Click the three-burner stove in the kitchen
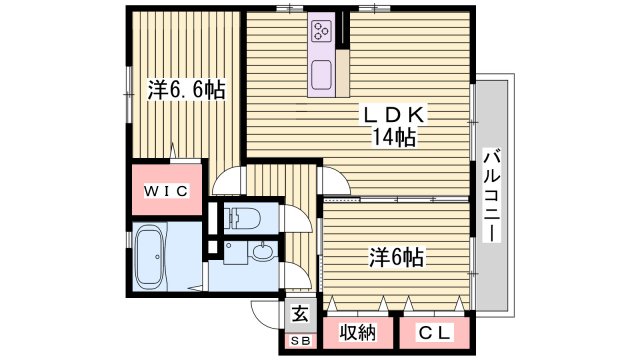click(323, 31)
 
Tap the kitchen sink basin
click(322, 73)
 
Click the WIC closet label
click(167, 189)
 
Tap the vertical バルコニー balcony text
click(491, 195)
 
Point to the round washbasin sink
click(262, 253)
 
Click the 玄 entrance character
click(300, 313)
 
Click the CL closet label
click(431, 331)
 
